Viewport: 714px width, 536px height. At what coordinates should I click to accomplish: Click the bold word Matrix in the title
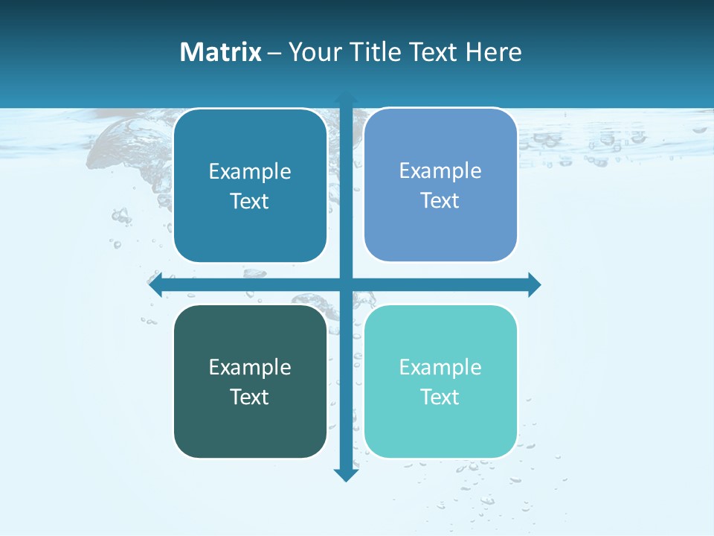point(221,52)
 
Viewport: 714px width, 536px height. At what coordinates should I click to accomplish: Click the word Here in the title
point(494,52)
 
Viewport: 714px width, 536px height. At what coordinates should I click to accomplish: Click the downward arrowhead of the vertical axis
point(345,474)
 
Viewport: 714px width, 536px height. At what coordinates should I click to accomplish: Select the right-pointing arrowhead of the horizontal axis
point(533,284)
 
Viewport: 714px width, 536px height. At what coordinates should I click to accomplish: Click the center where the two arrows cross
point(345,284)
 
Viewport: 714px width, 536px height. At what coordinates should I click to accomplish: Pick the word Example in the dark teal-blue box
point(250,172)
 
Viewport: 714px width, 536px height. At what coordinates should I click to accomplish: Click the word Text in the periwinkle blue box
point(440,201)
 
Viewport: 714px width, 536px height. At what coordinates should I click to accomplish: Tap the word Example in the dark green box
point(250,368)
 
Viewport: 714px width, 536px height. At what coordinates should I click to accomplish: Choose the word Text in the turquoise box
point(440,397)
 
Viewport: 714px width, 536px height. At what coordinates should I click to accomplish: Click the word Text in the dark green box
point(250,397)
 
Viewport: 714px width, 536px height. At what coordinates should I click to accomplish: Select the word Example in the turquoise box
point(440,368)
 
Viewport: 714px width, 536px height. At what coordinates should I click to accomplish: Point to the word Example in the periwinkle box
point(440,171)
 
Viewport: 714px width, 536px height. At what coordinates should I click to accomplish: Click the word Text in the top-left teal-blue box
point(250,202)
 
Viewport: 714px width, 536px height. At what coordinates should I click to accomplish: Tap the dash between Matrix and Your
point(274,53)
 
